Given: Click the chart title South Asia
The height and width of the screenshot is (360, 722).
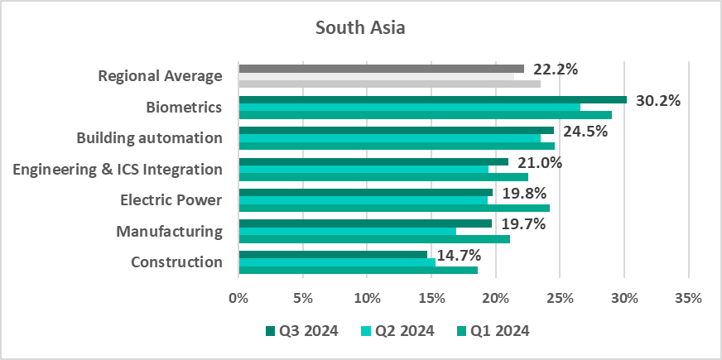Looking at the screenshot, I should pos(360,28).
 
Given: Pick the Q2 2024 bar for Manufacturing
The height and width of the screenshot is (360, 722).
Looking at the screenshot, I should pos(347,231).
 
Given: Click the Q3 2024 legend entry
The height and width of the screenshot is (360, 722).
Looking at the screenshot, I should pos(301,331).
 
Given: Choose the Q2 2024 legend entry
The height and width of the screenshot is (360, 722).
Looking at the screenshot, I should pos(397,331).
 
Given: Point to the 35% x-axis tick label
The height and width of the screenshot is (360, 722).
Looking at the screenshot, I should pos(688,298).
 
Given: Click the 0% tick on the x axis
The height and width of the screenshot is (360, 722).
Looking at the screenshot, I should pos(238,298).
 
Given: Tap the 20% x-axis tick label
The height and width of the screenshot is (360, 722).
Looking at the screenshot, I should pos(495,298).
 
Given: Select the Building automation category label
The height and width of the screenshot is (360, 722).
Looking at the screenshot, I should pos(149,138).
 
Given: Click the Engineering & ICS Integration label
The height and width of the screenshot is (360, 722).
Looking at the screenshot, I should pos(118,170).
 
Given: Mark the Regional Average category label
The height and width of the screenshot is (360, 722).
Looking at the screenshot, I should pos(160,76).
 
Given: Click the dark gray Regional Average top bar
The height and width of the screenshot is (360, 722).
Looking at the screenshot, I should pos(381,68).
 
